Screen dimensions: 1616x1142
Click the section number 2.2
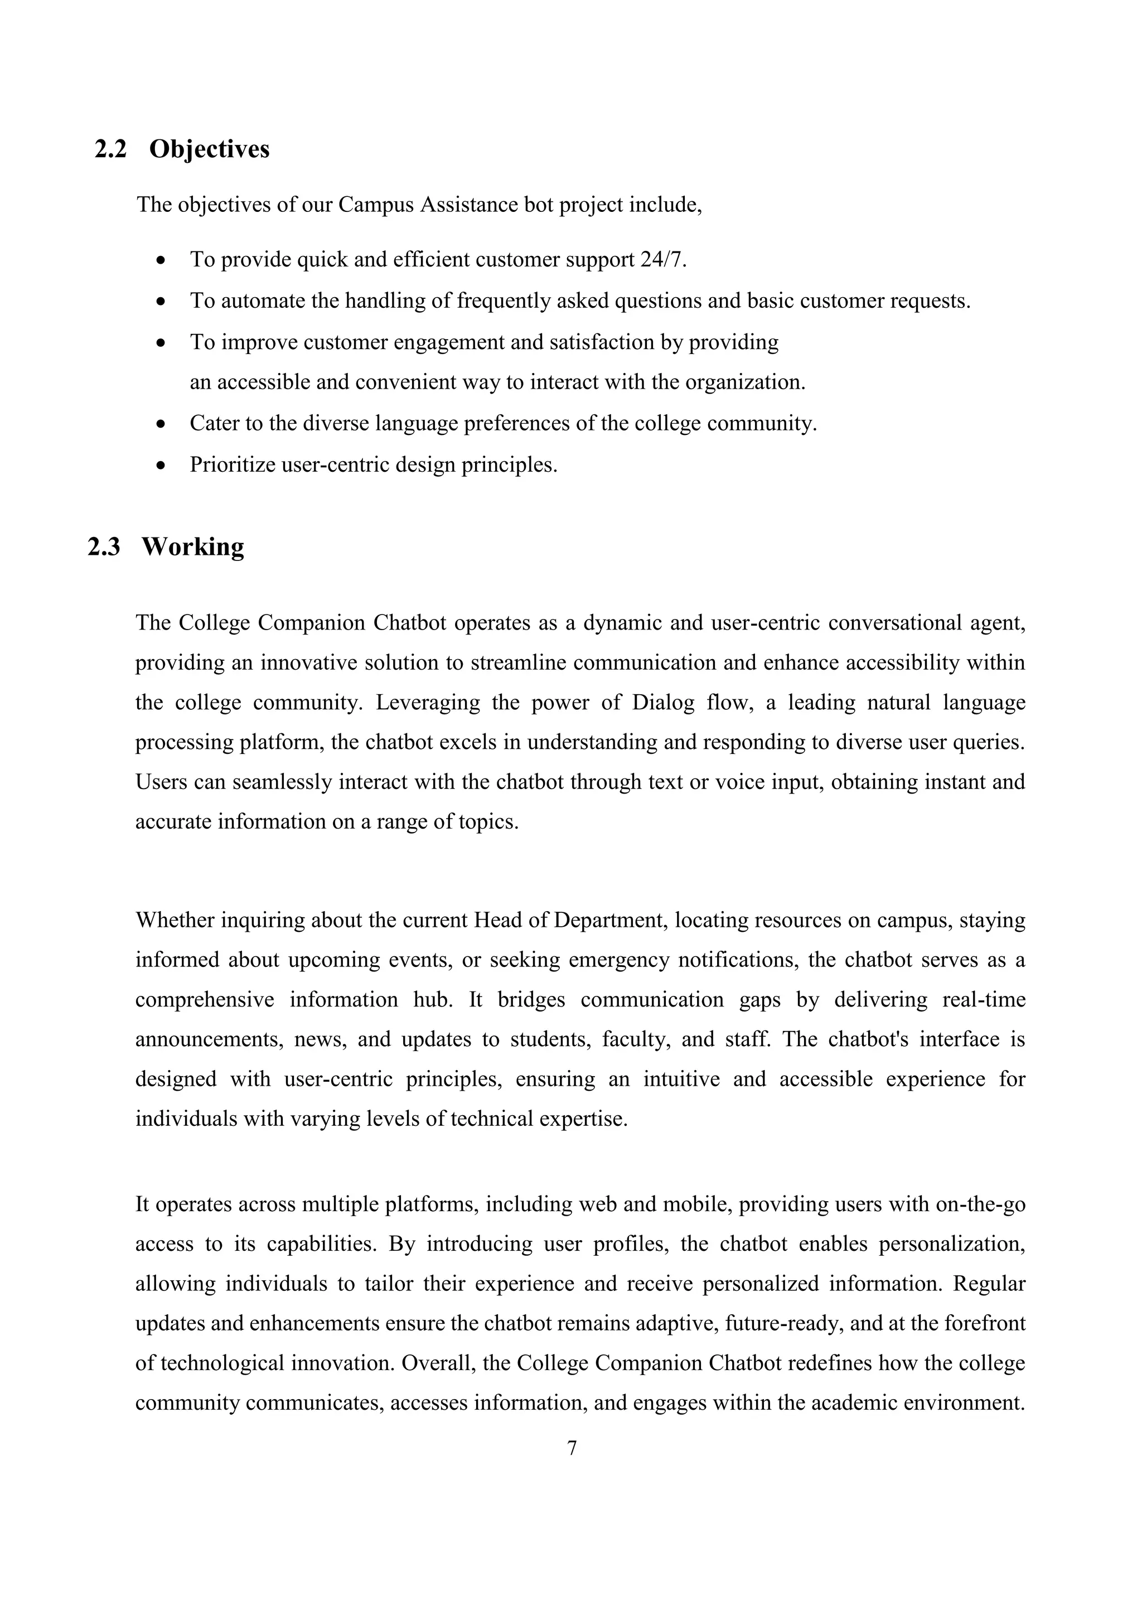tap(110, 149)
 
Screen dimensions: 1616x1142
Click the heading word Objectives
tap(209, 149)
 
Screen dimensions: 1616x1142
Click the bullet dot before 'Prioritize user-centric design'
tap(161, 465)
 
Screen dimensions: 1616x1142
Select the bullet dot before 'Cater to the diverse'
tap(161, 424)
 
